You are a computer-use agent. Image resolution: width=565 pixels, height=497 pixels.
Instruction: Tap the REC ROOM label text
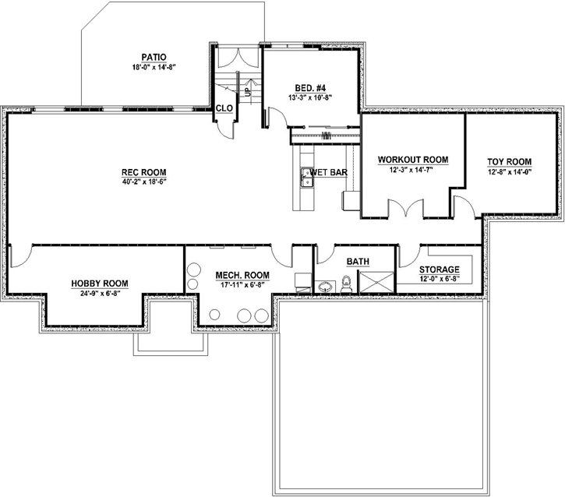coord(143,172)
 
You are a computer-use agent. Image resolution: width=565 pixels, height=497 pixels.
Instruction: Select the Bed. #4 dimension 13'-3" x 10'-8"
coord(310,98)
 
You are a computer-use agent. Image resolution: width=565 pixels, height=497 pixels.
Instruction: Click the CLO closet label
coord(224,108)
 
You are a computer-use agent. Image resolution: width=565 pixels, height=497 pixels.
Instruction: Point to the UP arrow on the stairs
coord(248,91)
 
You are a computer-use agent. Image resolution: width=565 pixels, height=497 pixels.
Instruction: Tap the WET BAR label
coord(329,171)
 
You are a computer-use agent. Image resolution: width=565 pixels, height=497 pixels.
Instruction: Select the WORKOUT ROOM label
coord(413,160)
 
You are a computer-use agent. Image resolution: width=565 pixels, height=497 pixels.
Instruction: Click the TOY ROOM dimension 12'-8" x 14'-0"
coord(509,172)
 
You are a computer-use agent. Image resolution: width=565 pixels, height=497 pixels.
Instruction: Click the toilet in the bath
coord(348,286)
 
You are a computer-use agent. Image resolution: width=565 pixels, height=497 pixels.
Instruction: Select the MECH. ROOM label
coord(242,275)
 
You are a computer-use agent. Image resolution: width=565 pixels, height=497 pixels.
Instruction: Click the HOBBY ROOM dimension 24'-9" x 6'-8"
coord(100,294)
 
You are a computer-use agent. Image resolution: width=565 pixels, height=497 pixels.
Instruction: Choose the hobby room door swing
coord(22,254)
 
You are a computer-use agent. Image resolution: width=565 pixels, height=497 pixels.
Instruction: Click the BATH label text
coord(358,262)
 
